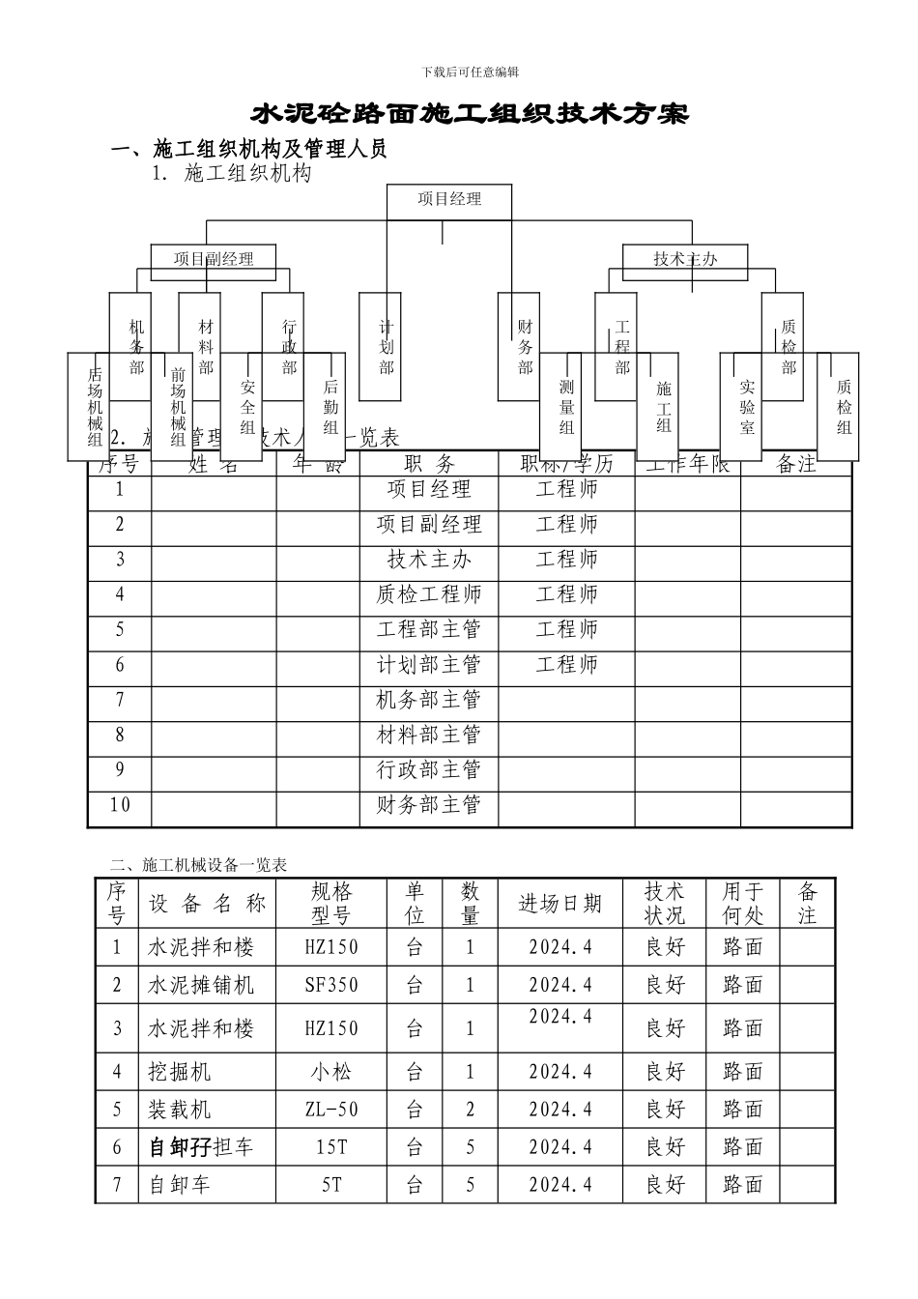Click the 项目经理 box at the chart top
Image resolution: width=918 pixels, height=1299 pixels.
[449, 200]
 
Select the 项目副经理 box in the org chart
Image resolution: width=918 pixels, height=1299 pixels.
[214, 258]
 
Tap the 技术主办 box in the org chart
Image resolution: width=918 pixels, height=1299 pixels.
[685, 258]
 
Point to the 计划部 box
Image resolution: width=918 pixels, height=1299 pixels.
[387, 346]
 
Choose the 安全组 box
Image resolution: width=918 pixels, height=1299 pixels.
[247, 406]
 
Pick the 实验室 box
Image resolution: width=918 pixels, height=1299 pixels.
[747, 406]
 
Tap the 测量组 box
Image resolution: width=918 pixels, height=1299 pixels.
[566, 406]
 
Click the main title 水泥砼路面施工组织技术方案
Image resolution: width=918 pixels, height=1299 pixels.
[470, 114]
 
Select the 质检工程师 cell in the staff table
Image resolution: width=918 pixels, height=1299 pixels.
[429, 594]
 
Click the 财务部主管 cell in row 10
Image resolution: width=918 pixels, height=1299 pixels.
[429, 805]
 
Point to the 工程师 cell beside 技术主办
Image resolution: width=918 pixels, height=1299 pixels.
[566, 560]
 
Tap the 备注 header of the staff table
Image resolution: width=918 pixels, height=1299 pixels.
[796, 465]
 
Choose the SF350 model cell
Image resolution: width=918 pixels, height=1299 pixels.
[331, 985]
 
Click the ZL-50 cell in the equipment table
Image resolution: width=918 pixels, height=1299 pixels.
[331, 1110]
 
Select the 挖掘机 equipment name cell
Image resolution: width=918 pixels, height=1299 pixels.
[179, 1072]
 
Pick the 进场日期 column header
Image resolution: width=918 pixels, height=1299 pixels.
[560, 904]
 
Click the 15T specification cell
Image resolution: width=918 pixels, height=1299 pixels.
[331, 1147]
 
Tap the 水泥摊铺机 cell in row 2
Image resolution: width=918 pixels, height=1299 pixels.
[201, 985]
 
